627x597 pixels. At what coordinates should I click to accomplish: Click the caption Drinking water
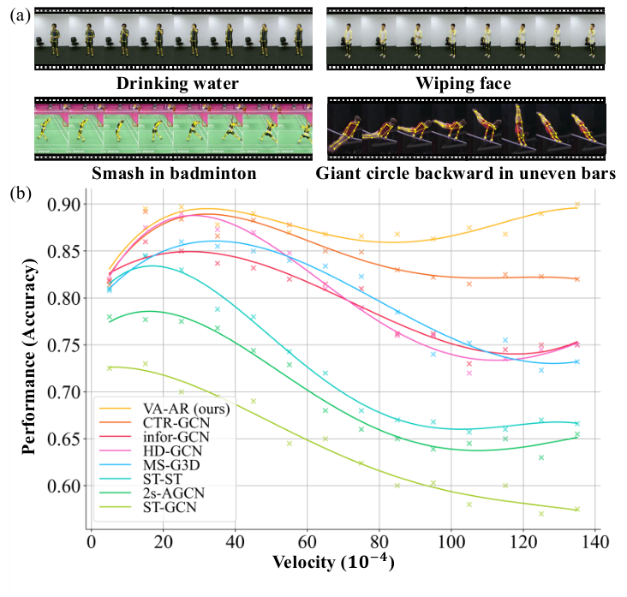point(178,83)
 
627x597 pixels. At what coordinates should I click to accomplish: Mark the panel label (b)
point(18,194)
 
